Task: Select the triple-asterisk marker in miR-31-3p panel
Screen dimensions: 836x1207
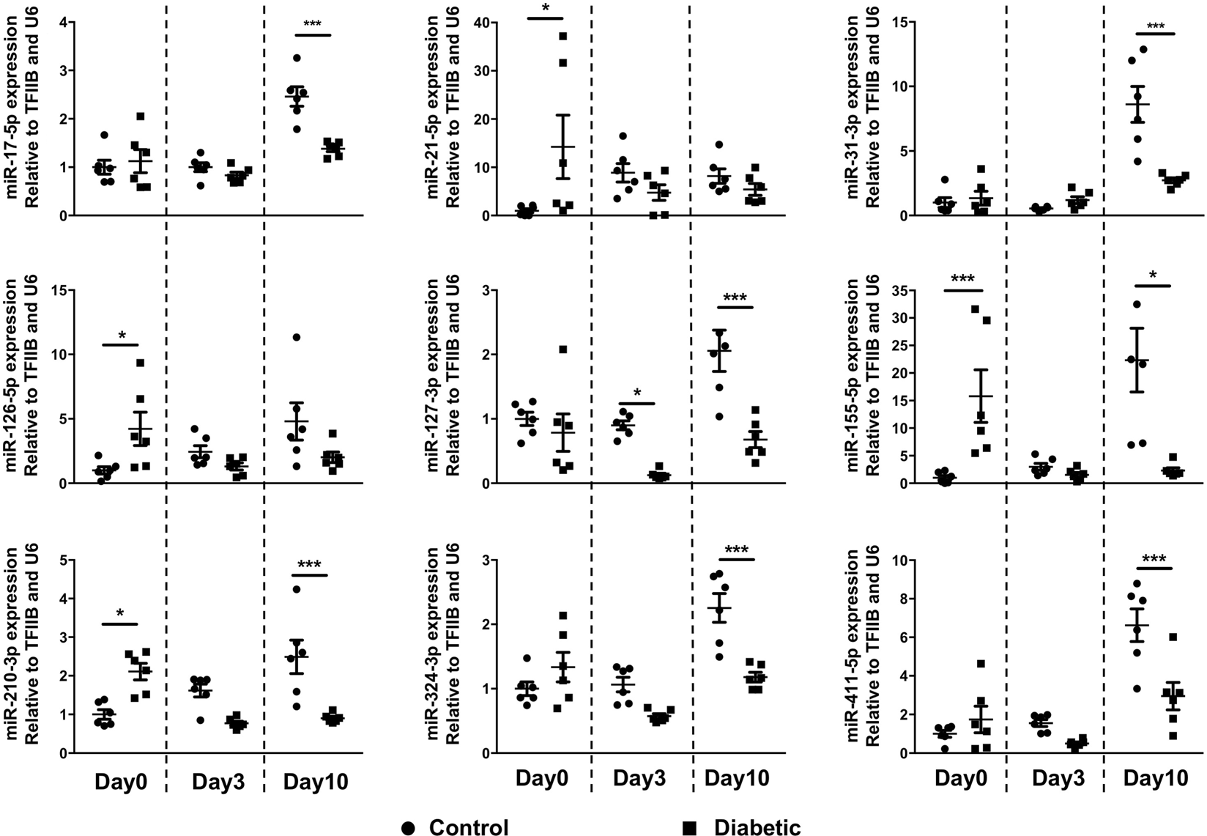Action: [x=1155, y=28]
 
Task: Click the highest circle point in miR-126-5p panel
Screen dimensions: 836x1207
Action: [x=296, y=337]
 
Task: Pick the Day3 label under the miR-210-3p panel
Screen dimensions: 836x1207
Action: [x=218, y=782]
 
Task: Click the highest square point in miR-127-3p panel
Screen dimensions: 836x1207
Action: [x=563, y=349]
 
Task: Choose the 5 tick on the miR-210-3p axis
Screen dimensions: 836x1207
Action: [x=69, y=561]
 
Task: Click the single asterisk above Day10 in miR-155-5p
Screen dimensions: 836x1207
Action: [x=1154, y=276]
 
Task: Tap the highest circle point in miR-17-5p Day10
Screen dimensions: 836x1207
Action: [x=297, y=58]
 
